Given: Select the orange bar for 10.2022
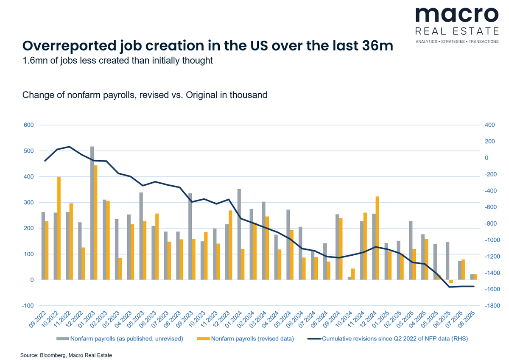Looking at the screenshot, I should [59, 228].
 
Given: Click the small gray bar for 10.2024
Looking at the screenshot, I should [350, 278].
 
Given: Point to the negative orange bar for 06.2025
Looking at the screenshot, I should [451, 282].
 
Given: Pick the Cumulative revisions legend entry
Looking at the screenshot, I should [395, 338].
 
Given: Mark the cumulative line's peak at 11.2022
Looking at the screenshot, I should [70, 147].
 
